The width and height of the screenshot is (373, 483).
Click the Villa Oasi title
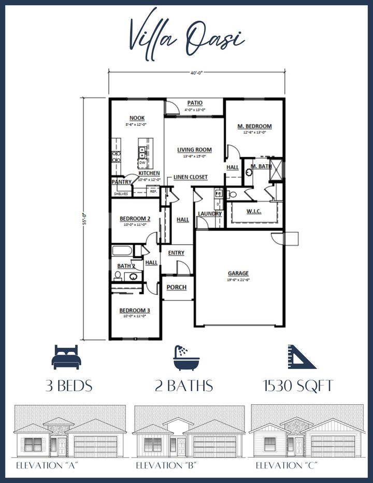click(x=187, y=36)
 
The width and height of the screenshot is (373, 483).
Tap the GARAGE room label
click(x=238, y=274)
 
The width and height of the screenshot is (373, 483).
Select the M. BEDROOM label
click(x=254, y=126)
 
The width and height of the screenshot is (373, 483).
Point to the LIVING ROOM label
click(x=194, y=150)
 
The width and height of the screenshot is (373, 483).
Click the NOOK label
click(x=136, y=118)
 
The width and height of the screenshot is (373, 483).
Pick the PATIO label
click(x=195, y=103)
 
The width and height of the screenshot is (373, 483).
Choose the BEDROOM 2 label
click(x=134, y=219)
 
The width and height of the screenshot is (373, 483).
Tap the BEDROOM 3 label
click(x=135, y=310)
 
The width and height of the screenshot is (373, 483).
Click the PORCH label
click(x=176, y=288)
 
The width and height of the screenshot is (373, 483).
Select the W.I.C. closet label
click(x=254, y=211)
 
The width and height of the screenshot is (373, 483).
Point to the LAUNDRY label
click(x=209, y=214)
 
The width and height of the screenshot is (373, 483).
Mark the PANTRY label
click(x=121, y=182)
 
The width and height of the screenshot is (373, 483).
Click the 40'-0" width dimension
click(x=196, y=74)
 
